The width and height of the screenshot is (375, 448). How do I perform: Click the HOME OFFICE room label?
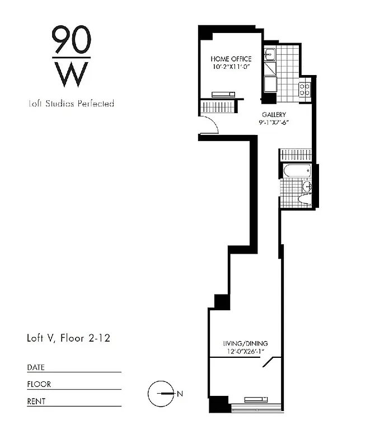coord(231,59)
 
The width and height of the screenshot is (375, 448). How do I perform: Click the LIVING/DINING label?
coord(245,343)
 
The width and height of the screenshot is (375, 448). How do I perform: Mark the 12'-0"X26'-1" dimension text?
coord(245,352)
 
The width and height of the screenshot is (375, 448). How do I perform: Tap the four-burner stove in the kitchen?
coord(304,90)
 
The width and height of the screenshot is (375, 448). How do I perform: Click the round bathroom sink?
coord(306,186)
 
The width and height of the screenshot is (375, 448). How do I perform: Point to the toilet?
coord(305,199)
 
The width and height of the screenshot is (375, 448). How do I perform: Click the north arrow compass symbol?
coord(161,394)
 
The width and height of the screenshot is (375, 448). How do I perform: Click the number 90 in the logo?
coord(71,40)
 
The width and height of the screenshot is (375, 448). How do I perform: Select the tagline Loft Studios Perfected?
coord(71,104)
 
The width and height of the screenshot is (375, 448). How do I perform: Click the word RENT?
coord(36,402)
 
